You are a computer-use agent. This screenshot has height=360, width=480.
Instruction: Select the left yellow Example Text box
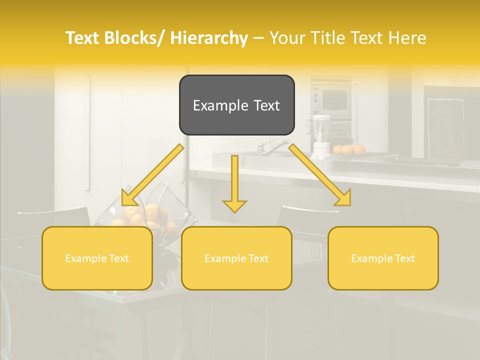(97, 258)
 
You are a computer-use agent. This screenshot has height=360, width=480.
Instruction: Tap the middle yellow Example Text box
(236, 258)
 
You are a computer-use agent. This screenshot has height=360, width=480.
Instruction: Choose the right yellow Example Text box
(383, 258)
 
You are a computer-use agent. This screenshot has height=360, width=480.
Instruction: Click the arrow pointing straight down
(234, 185)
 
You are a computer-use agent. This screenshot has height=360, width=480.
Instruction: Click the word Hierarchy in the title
(208, 38)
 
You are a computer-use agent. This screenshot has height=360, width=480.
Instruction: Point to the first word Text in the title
(83, 38)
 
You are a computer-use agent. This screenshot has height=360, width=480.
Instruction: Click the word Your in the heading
(288, 38)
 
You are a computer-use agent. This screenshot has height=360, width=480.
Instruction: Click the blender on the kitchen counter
(320, 132)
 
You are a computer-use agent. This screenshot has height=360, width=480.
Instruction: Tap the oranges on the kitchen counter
(350, 149)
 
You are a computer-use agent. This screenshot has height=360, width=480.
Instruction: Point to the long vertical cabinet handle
(89, 132)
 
